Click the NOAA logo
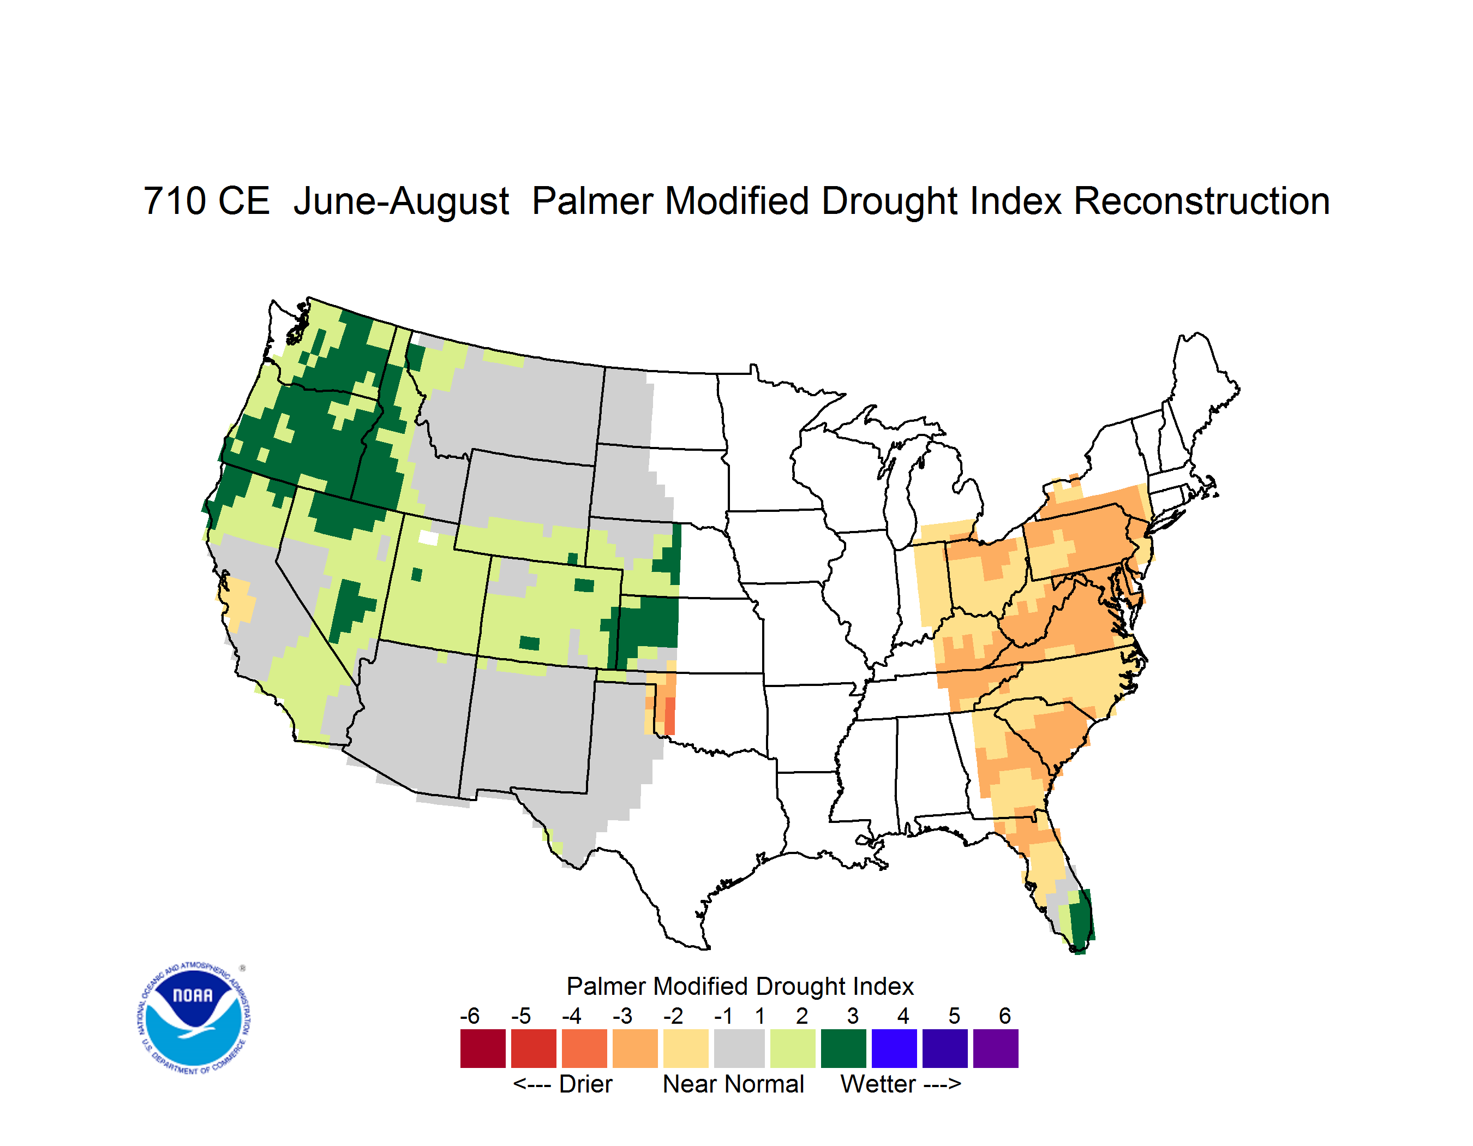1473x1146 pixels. (x=194, y=1018)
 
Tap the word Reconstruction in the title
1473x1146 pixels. (x=1201, y=202)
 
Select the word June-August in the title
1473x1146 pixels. (x=402, y=202)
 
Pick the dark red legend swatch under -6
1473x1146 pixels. (x=482, y=1048)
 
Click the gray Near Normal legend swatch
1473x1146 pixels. (x=739, y=1048)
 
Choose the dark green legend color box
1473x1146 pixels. (x=843, y=1048)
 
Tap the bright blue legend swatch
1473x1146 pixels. (x=894, y=1048)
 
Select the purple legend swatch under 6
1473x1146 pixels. (x=996, y=1048)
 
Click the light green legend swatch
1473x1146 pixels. (x=793, y=1048)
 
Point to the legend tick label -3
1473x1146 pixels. (x=622, y=1016)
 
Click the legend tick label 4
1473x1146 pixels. (x=903, y=1016)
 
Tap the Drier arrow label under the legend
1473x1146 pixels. (x=562, y=1085)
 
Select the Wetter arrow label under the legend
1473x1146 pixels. (x=900, y=1085)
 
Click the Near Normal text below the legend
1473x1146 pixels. (x=733, y=1085)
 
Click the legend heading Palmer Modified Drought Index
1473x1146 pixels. (x=740, y=987)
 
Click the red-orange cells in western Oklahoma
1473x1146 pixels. (x=669, y=715)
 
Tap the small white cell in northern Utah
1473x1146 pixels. (x=428, y=538)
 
